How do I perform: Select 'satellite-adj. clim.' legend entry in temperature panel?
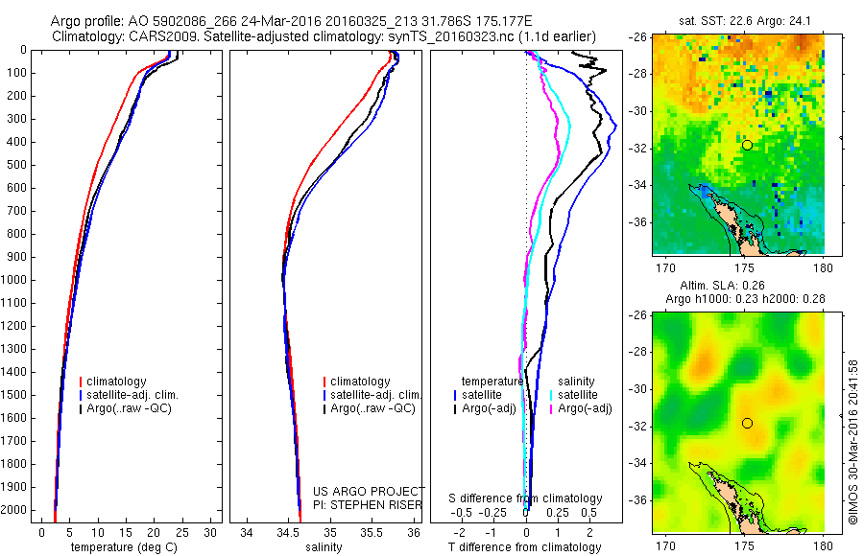coord(133,395)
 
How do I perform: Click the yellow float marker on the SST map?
coord(747,145)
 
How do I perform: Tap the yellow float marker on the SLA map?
coord(747,423)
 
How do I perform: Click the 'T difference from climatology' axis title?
coord(525,547)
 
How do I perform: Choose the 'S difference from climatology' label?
coord(526,498)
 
